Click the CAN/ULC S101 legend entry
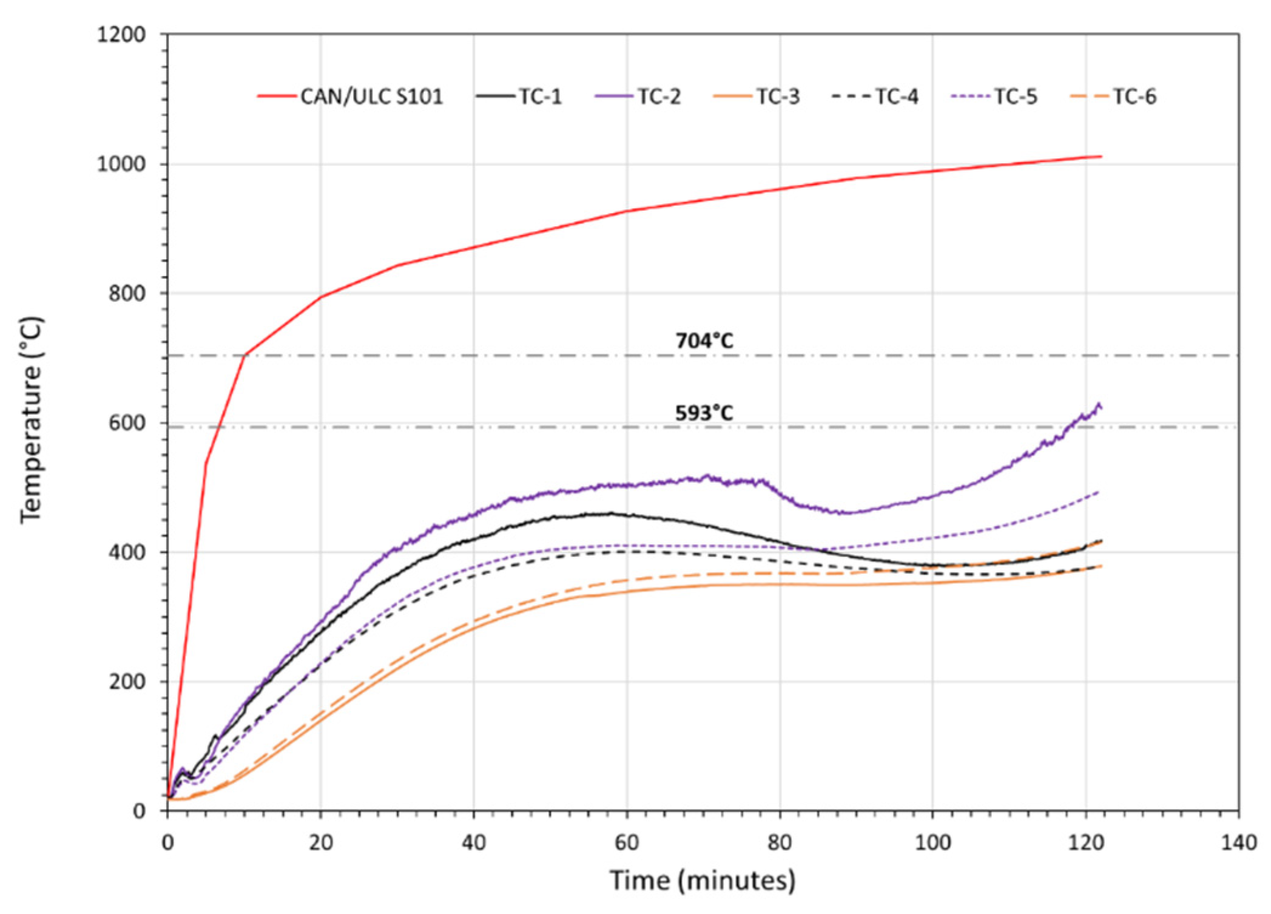pyautogui.click(x=371, y=96)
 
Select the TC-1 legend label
pyautogui.click(x=539, y=96)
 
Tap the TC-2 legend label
pyautogui.click(x=659, y=96)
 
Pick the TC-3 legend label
pyautogui.click(x=778, y=96)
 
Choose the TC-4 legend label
pyautogui.click(x=897, y=96)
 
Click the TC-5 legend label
pyautogui.click(x=1016, y=96)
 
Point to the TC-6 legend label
pyautogui.click(x=1134, y=96)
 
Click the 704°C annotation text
pyautogui.click(x=704, y=340)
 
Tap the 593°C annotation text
pyautogui.click(x=704, y=413)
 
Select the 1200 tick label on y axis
pyautogui.click(x=121, y=35)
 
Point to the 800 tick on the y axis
pyautogui.click(x=127, y=294)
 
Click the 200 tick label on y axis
pyautogui.click(x=127, y=682)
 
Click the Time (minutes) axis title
pyautogui.click(x=702, y=880)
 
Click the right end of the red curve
pyautogui.click(x=1101, y=157)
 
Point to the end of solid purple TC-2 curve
pyautogui.click(x=1101, y=407)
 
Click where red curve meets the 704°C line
pyautogui.click(x=245, y=355)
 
